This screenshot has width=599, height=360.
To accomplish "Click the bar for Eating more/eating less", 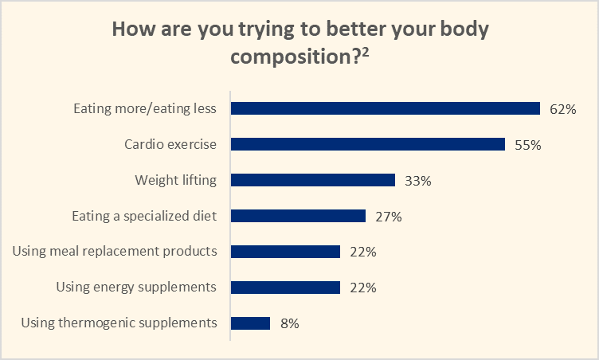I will [386, 109].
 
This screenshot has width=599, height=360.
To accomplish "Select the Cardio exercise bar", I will [367, 144].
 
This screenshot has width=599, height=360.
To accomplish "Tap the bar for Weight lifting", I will [313, 180].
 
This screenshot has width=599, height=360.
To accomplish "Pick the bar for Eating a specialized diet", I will [298, 216].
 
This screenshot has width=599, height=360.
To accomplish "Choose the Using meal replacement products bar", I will [285, 252].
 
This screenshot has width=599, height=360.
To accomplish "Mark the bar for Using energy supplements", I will [285, 288].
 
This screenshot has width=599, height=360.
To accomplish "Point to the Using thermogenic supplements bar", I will [250, 323].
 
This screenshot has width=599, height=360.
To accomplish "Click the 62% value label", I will [563, 109].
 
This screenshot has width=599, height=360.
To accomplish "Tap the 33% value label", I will [418, 181].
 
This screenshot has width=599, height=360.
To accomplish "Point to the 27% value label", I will [388, 217].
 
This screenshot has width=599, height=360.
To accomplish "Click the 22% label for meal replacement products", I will [362, 252].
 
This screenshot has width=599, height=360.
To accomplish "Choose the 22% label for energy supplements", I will [362, 288].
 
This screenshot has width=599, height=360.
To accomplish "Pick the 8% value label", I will [289, 324].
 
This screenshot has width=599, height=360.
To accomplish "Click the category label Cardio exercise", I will [170, 144].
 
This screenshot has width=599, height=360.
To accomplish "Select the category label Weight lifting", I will [175, 180].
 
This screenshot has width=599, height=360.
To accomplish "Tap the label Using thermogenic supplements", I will [119, 323].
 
